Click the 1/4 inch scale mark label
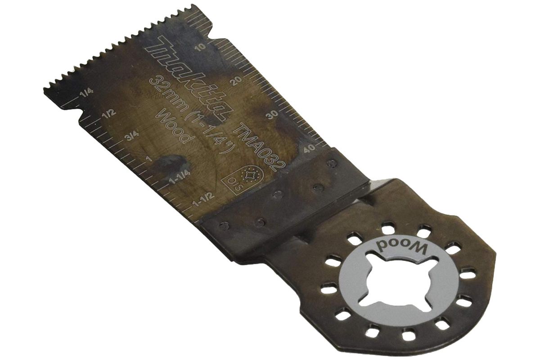[85, 93]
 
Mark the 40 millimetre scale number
[309, 150]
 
